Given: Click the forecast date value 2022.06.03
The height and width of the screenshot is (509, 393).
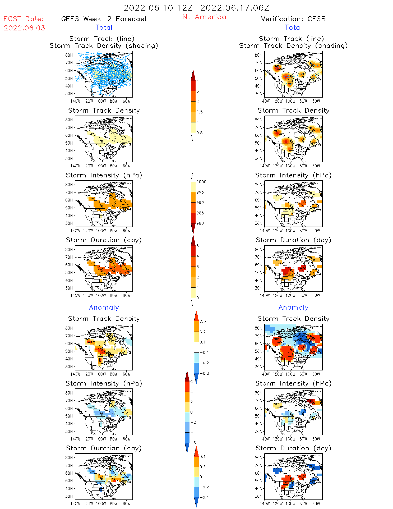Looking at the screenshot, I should (x=24, y=28).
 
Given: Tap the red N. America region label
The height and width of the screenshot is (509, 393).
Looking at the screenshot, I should (x=204, y=17).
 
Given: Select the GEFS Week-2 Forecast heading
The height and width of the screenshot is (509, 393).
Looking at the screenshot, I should (x=104, y=19).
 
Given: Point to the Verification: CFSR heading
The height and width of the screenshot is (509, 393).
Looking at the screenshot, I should (x=293, y=19).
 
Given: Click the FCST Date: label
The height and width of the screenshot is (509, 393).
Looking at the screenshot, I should (x=23, y=19).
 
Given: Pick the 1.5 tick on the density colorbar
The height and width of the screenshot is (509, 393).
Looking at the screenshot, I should (x=199, y=112).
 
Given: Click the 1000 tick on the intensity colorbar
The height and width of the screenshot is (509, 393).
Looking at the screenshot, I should (x=201, y=182).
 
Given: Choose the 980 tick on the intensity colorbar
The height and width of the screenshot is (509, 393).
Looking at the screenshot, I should (x=200, y=223).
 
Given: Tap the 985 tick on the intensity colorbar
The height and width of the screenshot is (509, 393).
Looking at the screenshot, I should (x=200, y=213).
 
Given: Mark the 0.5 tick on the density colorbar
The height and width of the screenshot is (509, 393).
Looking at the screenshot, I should (x=199, y=133).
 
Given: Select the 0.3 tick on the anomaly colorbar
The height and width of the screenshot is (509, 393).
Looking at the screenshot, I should (x=202, y=322).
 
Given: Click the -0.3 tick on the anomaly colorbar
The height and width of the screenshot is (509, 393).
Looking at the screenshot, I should (x=204, y=374).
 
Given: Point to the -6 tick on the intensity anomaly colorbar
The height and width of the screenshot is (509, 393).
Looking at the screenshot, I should (x=193, y=443).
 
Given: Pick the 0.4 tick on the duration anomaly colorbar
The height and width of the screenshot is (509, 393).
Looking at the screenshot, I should (x=202, y=457).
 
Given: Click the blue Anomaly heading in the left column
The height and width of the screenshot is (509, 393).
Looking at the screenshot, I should (x=104, y=308).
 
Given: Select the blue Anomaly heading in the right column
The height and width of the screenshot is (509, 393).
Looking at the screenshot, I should (x=293, y=308).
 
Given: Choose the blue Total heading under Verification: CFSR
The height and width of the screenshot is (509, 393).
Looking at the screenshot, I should (x=293, y=27).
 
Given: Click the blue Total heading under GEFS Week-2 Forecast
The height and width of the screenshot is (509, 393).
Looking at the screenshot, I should (x=104, y=27).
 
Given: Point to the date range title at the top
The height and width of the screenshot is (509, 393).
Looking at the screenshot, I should (x=196, y=8).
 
